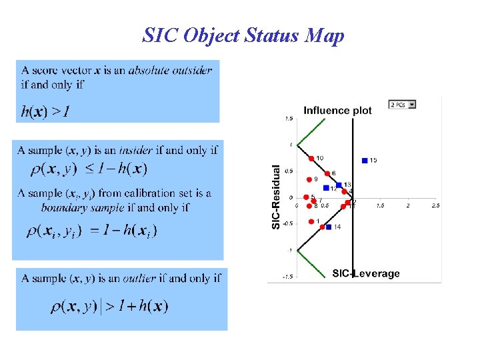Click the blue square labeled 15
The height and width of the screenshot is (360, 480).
click(364, 160)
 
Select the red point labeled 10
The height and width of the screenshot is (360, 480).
click(311, 158)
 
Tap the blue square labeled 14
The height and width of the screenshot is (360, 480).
click(329, 227)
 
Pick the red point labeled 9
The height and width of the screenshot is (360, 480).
click(309, 179)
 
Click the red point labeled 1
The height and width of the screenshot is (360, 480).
click(311, 221)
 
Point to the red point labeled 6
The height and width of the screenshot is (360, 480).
click(326, 174)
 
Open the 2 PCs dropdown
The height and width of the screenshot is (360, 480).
click(403, 105)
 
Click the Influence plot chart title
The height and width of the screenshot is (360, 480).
click(337, 111)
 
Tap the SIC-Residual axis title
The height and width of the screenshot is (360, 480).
click(277, 197)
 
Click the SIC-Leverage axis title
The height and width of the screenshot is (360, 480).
click(366, 273)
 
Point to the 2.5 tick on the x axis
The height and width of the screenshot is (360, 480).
click(435, 206)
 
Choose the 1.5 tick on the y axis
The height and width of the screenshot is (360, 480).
click(289, 119)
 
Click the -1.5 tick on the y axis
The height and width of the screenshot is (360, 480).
click(287, 277)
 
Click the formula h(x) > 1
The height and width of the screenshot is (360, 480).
click(45, 112)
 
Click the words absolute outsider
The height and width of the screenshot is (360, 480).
click(170, 70)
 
